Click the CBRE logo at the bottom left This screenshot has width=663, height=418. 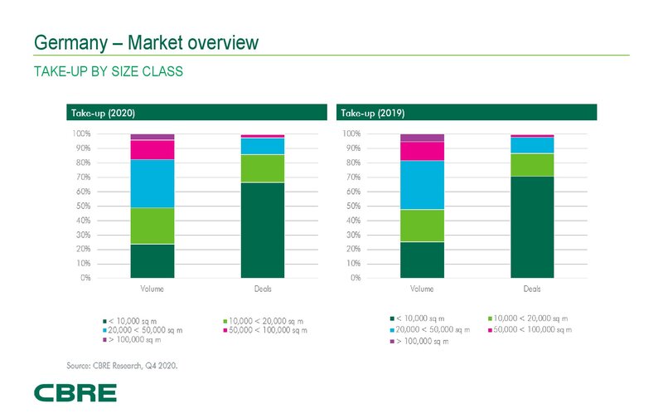pyautogui.click(x=75, y=392)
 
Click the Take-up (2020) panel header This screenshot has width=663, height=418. pyautogui.click(x=197, y=112)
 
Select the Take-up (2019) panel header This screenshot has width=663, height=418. pyautogui.click(x=467, y=112)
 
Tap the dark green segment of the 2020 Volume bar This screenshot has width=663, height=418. pyautogui.click(x=152, y=260)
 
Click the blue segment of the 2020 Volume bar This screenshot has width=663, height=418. pyautogui.click(x=152, y=183)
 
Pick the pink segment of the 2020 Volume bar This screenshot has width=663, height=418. pyautogui.click(x=152, y=149)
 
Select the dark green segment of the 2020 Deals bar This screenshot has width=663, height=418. pyautogui.click(x=262, y=230)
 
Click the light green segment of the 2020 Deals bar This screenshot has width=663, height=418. pyautogui.click(x=262, y=168)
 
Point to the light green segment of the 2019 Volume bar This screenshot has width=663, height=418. pyautogui.click(x=422, y=226)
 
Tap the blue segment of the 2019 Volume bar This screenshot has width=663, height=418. pyautogui.click(x=422, y=185)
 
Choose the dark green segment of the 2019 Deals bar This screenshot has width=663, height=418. pyautogui.click(x=532, y=226)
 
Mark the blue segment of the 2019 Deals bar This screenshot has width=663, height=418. pyautogui.click(x=532, y=145)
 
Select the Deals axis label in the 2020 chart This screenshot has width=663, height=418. pyautogui.click(x=262, y=289)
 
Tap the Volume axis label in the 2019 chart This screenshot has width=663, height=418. pyautogui.click(x=422, y=289)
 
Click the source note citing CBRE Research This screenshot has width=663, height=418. pyautogui.click(x=122, y=364)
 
